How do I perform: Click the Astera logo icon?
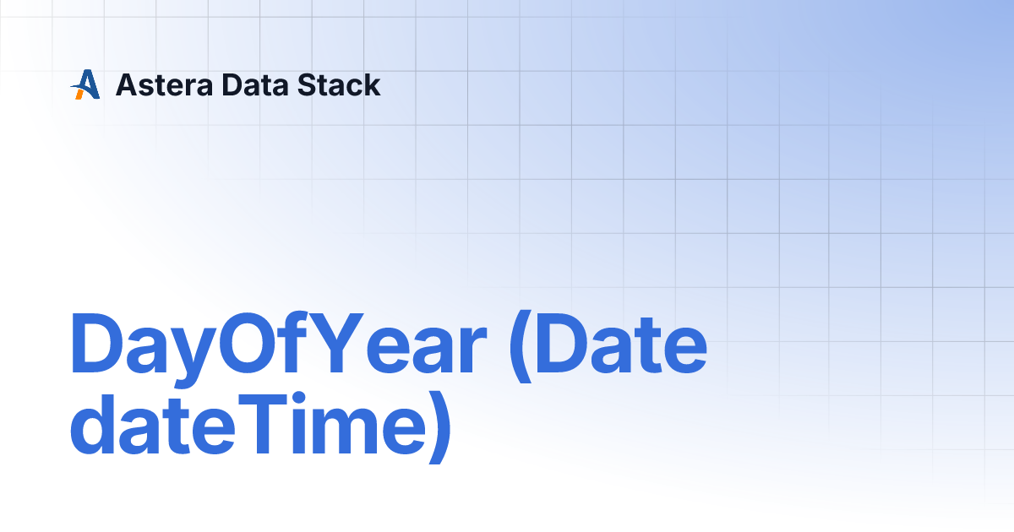85,84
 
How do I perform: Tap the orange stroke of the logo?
79,94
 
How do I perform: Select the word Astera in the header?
164,85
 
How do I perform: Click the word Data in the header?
255,85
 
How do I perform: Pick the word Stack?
339,85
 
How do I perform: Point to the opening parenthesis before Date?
521,346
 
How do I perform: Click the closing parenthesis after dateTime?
439,427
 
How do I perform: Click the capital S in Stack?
308,85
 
